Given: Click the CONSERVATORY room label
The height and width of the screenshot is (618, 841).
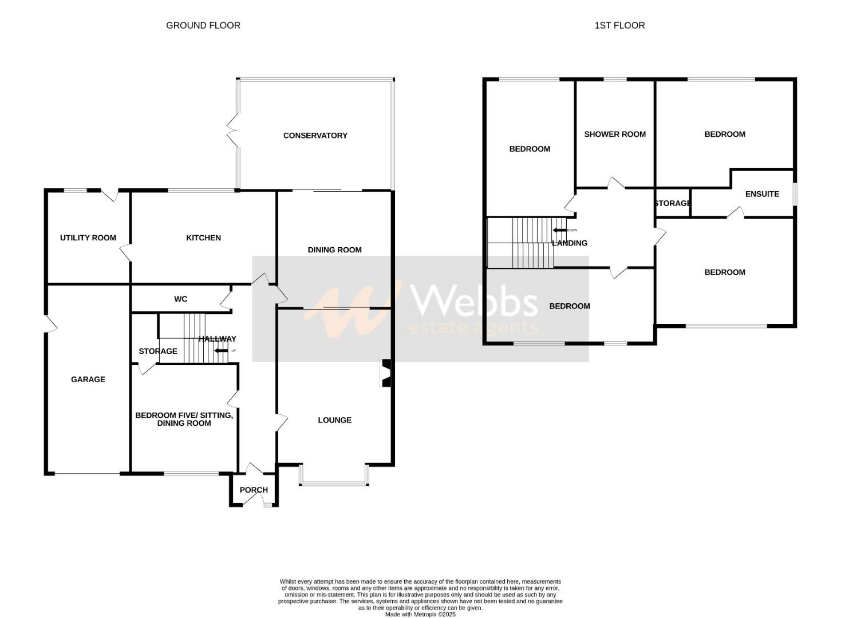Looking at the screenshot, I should pos(315,136).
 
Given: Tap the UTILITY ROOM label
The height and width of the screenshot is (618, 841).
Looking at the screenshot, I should pos(88,238).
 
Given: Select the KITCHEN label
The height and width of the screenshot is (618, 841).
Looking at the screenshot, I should pos(203,238).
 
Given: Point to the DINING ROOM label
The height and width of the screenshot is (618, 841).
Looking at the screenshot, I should pos(334,250).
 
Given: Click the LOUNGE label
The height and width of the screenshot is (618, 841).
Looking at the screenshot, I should pos(334,420).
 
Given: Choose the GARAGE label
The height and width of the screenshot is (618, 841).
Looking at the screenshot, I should pos(88,379).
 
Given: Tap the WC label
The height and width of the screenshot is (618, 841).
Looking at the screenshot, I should pos(180,299).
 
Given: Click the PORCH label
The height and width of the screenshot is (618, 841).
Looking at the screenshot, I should pos(254,490).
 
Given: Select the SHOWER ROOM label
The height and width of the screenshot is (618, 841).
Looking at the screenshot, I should pos(615,134).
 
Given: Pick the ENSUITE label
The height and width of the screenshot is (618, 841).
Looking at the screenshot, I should pos(762,194).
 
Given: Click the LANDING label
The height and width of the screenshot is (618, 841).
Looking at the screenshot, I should pos(570,243).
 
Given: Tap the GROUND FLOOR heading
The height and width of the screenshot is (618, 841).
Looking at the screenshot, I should pos(203,25).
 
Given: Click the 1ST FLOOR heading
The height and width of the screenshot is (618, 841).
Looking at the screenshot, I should pos(619,25).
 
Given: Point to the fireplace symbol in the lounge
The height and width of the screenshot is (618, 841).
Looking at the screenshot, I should pos(385,373).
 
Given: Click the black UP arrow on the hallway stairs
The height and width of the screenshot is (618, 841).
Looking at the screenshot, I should pos(220,351).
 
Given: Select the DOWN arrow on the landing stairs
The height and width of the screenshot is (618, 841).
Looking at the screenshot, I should pos(559,231).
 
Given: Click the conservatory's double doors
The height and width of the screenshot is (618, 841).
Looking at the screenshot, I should pos(232,131).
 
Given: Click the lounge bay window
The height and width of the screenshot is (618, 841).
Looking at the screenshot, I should pos(334,484).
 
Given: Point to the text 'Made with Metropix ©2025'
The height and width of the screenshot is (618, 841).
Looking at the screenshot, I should pos(420,615).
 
